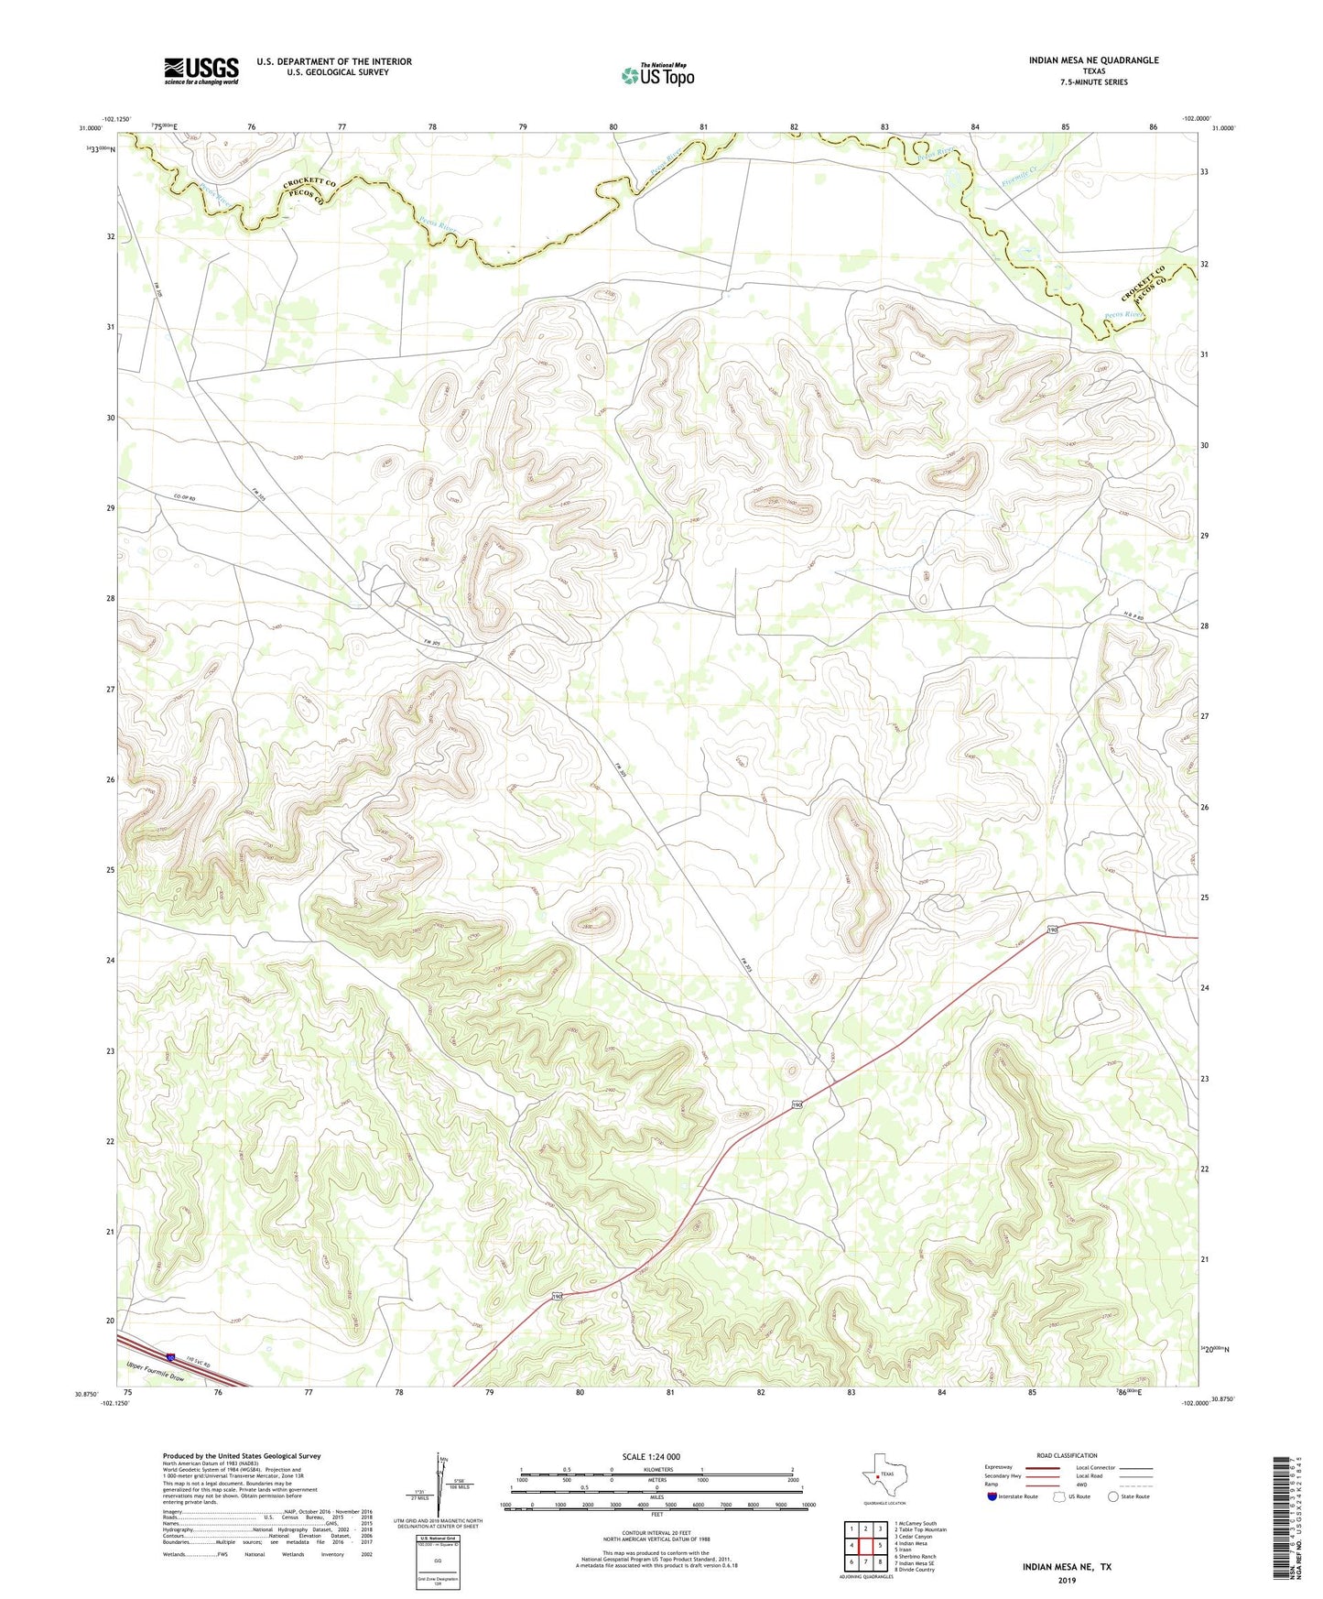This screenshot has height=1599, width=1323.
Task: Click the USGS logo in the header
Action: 201,71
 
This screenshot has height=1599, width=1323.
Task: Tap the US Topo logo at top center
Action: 657,75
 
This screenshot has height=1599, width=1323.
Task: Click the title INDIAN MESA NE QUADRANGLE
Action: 1093,60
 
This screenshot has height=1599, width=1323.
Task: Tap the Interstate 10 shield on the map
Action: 171,1357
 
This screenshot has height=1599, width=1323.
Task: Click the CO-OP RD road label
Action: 185,499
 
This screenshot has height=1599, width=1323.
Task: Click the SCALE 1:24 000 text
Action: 651,1457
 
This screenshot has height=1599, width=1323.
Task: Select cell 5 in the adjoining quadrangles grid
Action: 879,1546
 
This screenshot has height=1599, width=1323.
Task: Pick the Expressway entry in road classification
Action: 998,1467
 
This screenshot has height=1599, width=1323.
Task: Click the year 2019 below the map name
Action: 1067,1580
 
